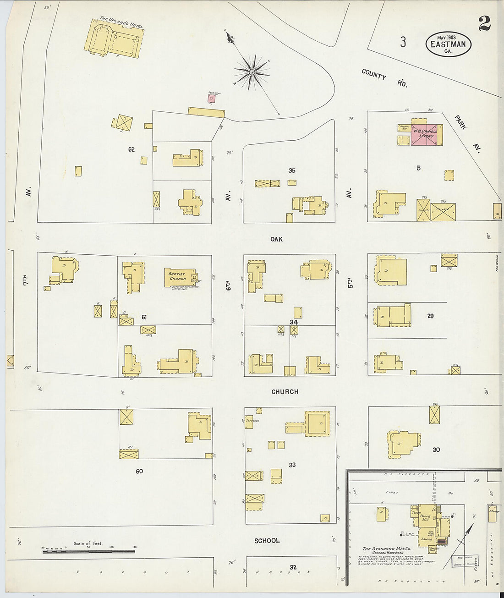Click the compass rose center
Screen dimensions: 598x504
(252, 72)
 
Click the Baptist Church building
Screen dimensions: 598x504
(179, 277)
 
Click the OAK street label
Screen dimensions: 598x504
(276, 239)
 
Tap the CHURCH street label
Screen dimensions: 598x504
(285, 392)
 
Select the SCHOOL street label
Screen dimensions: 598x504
(267, 541)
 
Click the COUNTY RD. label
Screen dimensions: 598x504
(384, 78)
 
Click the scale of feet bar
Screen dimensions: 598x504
(88, 551)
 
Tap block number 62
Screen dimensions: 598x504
(131, 149)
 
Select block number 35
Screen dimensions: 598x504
(292, 170)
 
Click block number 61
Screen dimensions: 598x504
(144, 317)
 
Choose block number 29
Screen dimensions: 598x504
(430, 316)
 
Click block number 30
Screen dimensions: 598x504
(436, 450)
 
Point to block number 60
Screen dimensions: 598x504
(139, 471)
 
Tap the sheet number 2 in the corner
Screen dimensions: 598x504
(484, 24)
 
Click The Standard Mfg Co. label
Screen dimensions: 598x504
(387, 549)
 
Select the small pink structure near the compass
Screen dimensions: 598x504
(211, 98)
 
